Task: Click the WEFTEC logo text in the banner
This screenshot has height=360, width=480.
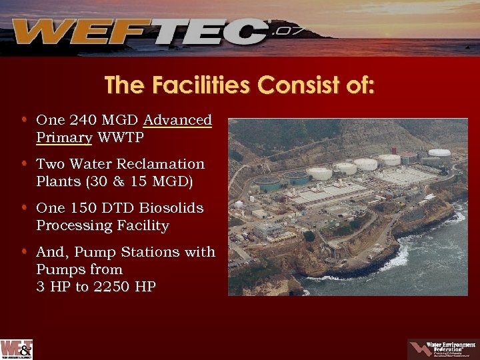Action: [140, 31]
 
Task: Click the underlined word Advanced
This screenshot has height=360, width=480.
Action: [177, 121]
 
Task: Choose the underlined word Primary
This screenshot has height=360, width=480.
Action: [64, 138]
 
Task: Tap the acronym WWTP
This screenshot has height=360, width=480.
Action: [120, 138]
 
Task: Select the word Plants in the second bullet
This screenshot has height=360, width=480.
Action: [57, 181]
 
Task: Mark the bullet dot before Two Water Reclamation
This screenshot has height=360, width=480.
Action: [24, 163]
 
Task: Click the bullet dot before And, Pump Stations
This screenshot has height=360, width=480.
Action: [24, 251]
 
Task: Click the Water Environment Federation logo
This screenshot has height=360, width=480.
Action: [441, 349]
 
